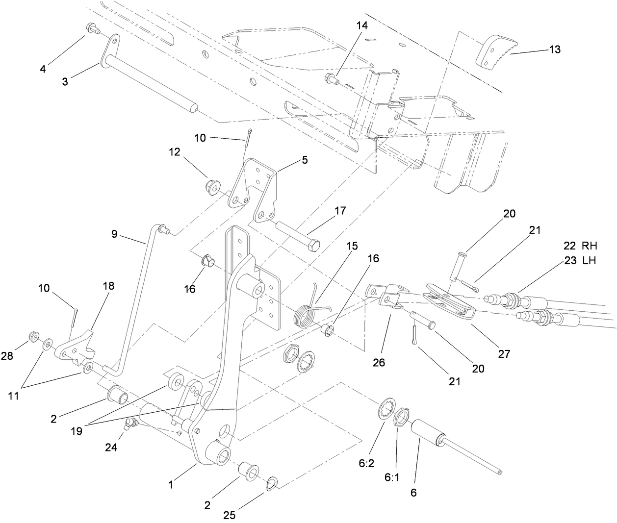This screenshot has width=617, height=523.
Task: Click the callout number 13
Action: [554, 50]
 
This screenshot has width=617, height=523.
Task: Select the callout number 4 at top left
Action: [43, 69]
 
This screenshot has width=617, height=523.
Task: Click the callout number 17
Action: [340, 211]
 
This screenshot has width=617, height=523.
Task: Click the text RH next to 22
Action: [589, 246]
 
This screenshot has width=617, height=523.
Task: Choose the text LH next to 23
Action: [589, 261]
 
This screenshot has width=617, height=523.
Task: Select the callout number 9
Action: [114, 234]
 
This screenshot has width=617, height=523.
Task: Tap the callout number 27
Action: [504, 353]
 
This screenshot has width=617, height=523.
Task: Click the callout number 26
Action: [379, 363]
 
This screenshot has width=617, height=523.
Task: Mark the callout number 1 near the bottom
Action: [171, 485]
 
